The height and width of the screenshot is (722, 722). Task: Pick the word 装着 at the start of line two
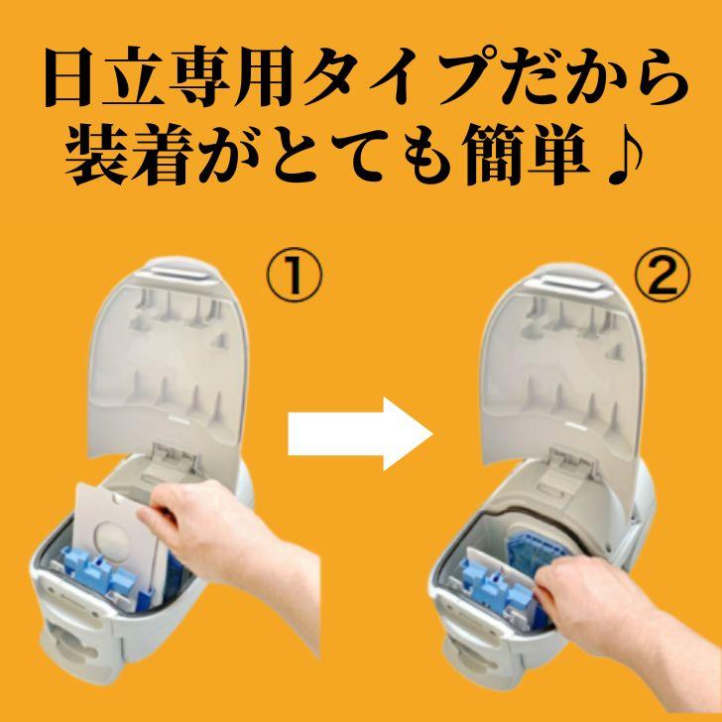point(136,158)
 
